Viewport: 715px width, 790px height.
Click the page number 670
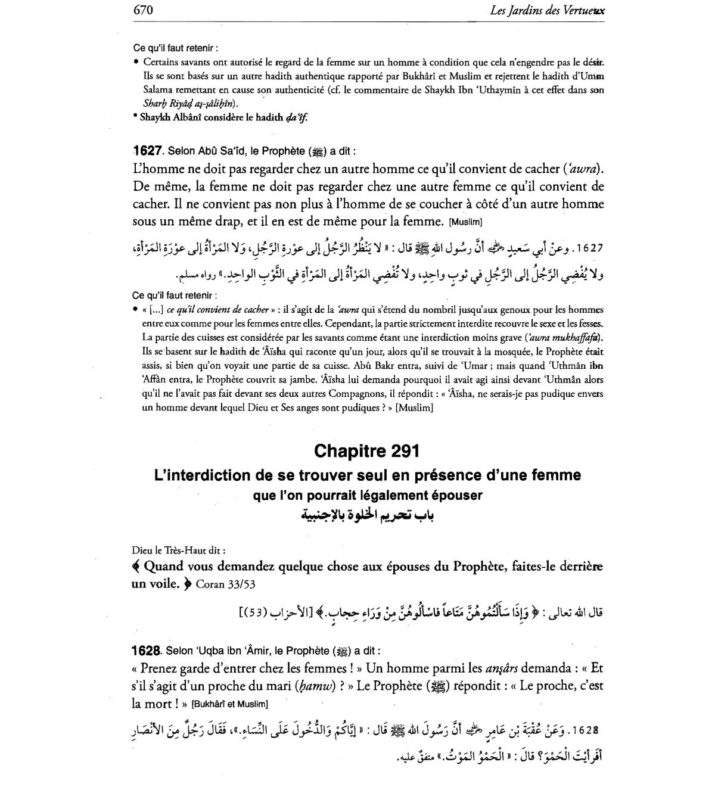[144, 10]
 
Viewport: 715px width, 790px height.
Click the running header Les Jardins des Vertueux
[546, 10]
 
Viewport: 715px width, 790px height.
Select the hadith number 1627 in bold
[148, 151]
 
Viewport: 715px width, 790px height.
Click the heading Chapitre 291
[366, 451]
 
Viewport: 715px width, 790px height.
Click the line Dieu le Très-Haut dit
[179, 551]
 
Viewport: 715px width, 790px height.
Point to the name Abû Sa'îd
[207, 151]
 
